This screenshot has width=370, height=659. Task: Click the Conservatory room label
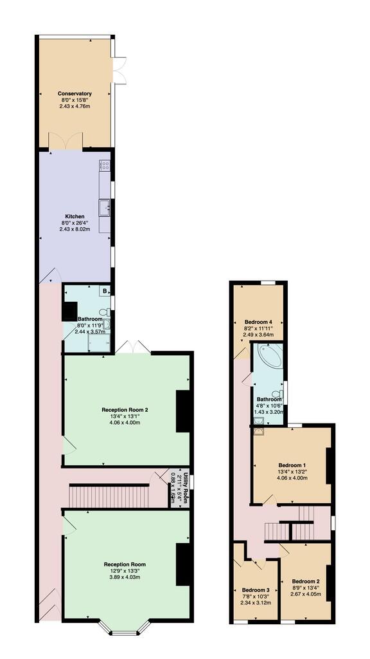pos(75,93)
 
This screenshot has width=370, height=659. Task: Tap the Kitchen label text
pos(75,216)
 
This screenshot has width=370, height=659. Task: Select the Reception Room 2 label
pos(125,409)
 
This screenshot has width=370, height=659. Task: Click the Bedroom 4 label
pos(258,322)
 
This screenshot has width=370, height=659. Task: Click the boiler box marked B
pos(104,291)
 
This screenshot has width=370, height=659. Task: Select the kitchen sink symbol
pos(105,207)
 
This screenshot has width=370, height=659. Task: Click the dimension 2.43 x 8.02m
pos(75,229)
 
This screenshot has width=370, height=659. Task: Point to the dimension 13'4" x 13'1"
pos(125,416)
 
